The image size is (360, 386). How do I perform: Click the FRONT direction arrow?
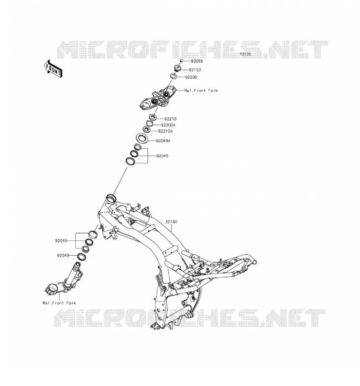click(x=53, y=69)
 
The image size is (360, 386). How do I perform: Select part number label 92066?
click(x=197, y=61)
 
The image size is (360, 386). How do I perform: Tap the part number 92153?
click(x=195, y=70)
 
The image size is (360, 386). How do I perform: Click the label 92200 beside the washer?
click(x=191, y=77)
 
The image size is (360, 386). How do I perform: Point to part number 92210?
click(x=171, y=119)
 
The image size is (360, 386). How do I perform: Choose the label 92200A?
click(x=169, y=125)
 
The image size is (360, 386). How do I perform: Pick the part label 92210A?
click(x=165, y=131)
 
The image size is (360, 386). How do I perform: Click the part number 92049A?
click(x=163, y=141)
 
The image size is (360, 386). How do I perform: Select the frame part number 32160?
click(x=171, y=222)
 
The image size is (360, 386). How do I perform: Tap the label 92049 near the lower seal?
click(x=63, y=256)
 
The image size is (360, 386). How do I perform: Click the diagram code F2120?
click(x=245, y=54)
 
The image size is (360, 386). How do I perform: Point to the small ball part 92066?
click(x=181, y=61)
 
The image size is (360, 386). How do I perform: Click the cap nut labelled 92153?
click(x=178, y=68)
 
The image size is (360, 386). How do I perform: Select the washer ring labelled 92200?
click(x=173, y=76)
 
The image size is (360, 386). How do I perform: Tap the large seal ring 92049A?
click(x=142, y=138)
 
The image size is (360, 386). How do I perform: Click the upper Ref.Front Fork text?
click(x=201, y=91)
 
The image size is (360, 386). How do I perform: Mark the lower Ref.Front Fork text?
click(x=59, y=303)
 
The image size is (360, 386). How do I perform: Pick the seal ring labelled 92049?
click(x=81, y=257)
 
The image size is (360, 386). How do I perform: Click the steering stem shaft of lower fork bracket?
click(x=73, y=274)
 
